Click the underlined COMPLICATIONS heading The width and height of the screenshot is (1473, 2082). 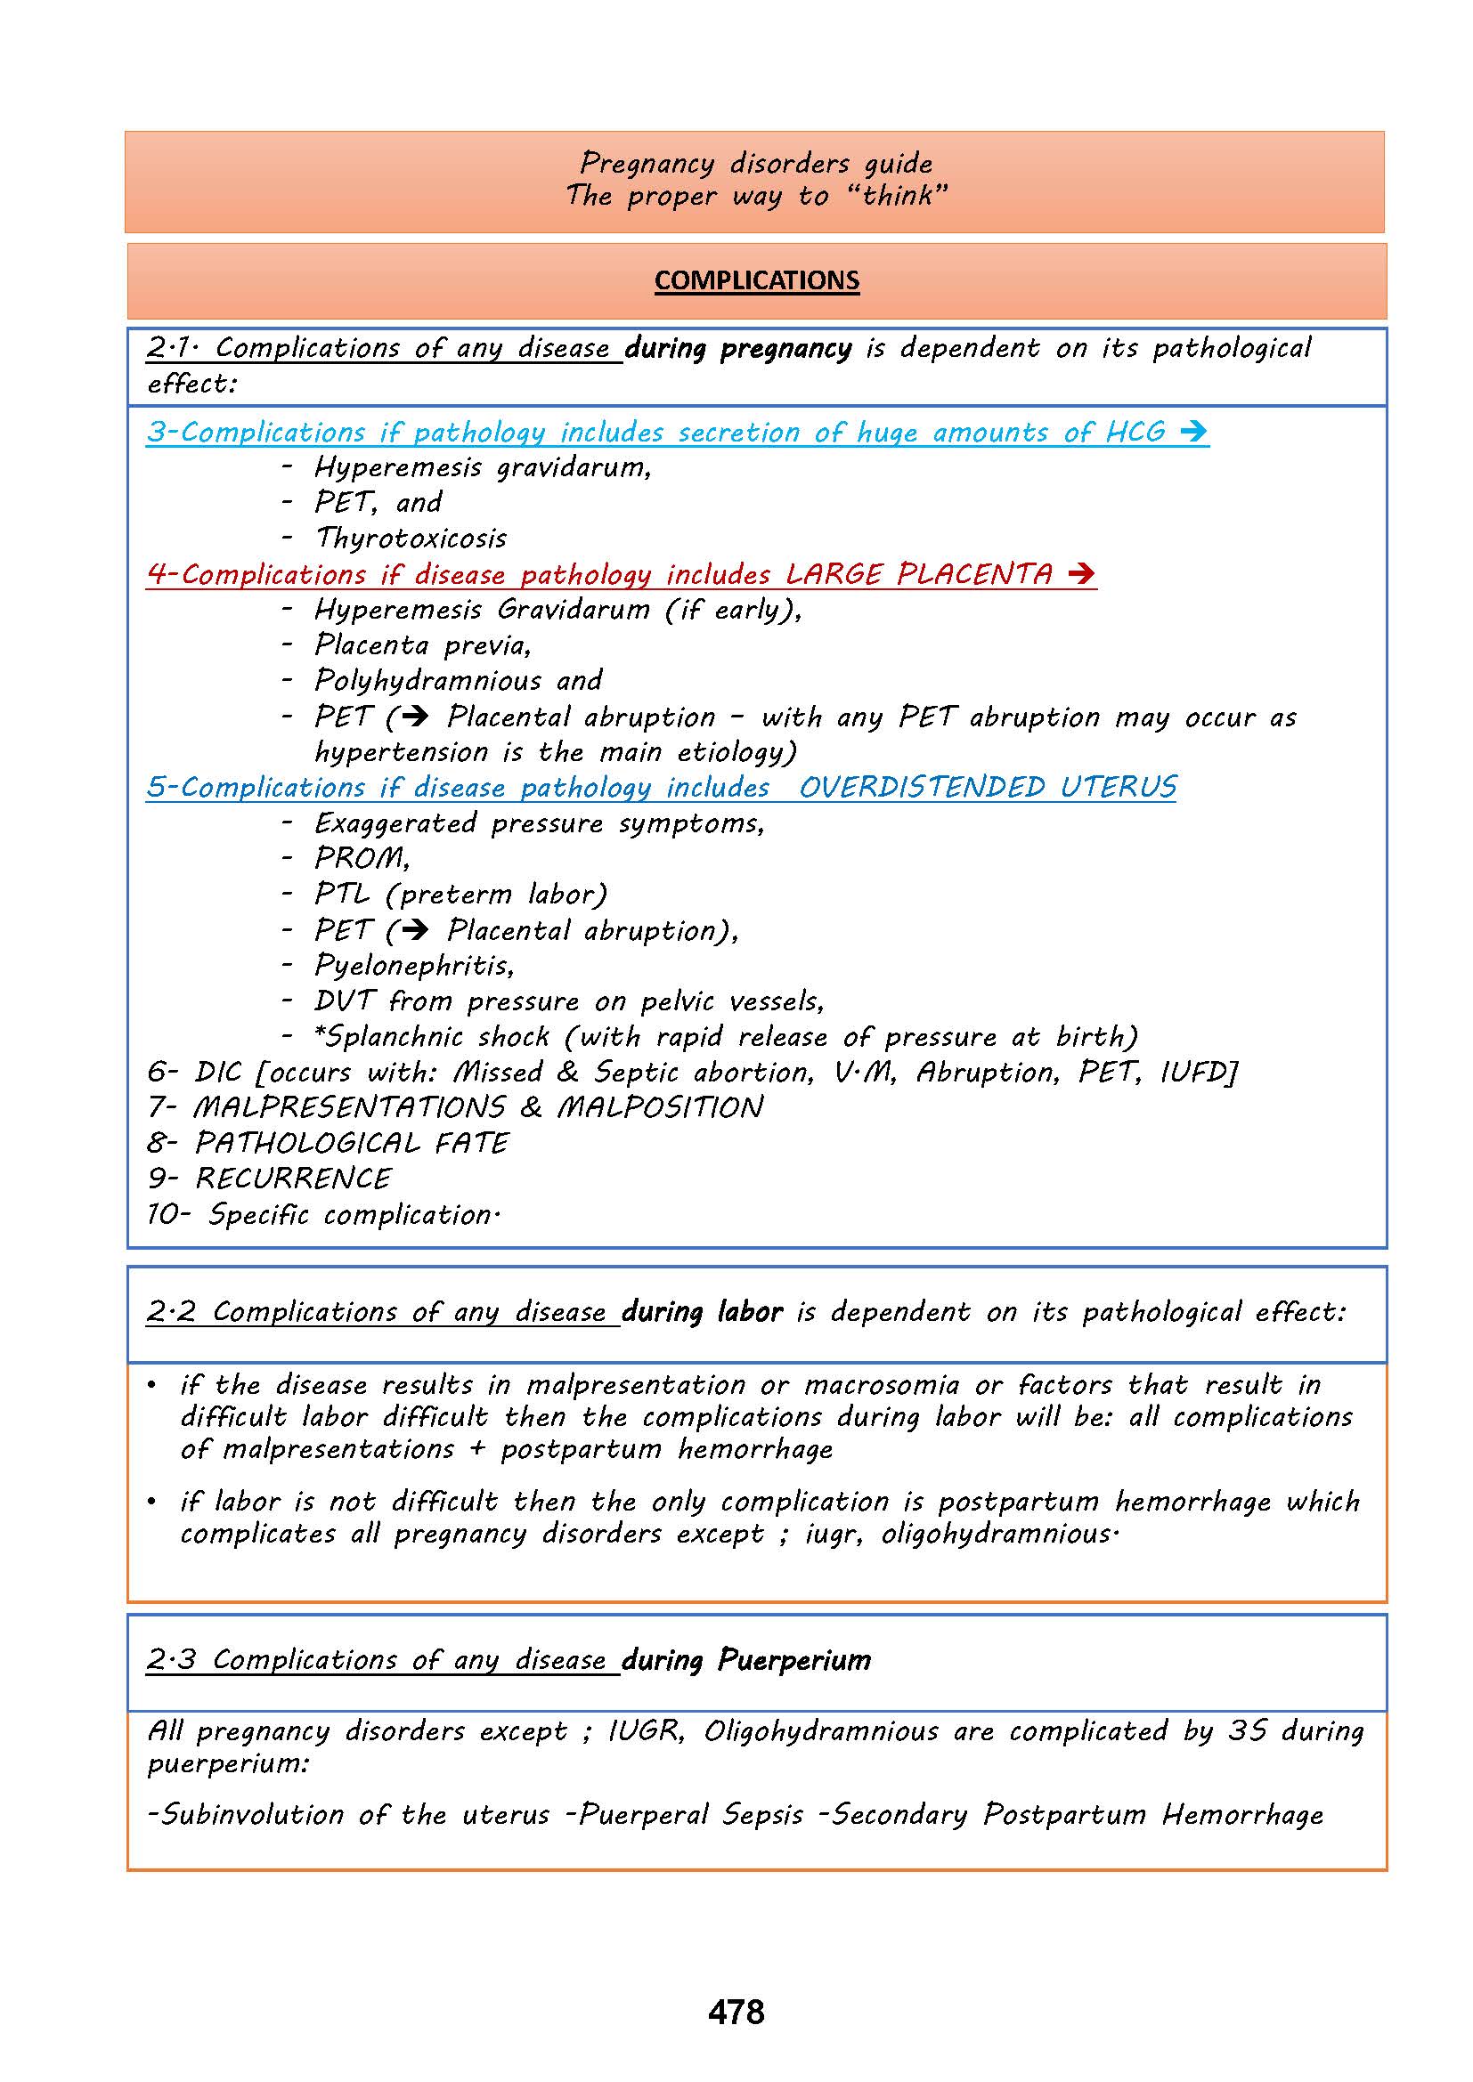(756, 280)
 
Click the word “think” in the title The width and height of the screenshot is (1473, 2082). (898, 196)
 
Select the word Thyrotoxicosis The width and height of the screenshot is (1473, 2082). (410, 538)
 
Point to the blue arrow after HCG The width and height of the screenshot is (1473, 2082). (1193, 432)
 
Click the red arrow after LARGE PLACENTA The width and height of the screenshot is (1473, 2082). (1081, 574)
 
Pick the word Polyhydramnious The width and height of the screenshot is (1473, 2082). (427, 680)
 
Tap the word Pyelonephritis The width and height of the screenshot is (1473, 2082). (413, 965)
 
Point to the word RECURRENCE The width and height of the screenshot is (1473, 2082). (293, 1178)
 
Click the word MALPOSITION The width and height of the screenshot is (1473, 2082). (659, 1107)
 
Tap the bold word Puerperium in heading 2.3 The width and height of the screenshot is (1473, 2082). (793, 1659)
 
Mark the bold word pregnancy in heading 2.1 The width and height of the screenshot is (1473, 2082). (785, 348)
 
